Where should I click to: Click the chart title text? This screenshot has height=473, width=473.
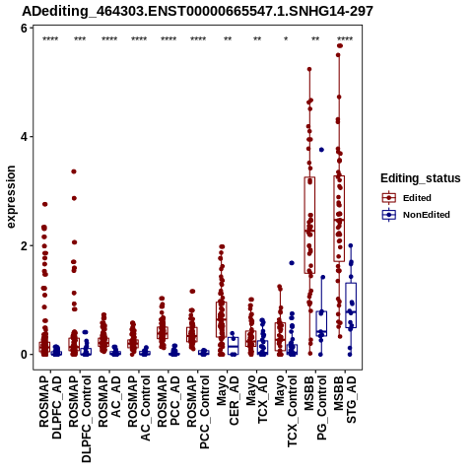(197, 12)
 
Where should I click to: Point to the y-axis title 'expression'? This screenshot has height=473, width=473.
(11, 197)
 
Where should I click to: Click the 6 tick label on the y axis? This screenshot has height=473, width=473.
(24, 29)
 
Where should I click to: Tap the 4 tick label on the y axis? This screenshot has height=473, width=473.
(24, 137)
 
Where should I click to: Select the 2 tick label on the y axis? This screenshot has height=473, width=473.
(24, 245)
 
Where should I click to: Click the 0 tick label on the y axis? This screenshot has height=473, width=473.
(24, 355)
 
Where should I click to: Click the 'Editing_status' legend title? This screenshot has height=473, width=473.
(421, 178)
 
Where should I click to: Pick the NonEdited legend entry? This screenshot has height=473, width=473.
(416, 215)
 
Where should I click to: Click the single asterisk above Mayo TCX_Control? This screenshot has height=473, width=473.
(286, 39)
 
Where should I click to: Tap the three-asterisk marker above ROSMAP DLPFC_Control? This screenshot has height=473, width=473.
(80, 39)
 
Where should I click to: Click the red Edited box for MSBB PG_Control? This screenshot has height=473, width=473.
(309, 225)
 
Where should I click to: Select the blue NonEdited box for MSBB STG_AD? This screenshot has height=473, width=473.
(351, 305)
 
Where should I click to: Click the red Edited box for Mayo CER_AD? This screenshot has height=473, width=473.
(222, 319)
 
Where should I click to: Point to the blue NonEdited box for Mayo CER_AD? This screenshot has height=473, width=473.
(234, 346)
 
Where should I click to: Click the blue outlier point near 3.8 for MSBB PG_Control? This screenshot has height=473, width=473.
(321, 150)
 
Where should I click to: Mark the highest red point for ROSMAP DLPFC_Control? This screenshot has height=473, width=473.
(74, 171)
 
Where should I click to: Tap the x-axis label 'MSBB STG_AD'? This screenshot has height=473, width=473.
(345, 400)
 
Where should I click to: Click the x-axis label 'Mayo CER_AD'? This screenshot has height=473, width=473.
(228, 401)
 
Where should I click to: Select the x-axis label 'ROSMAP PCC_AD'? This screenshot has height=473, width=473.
(169, 401)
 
